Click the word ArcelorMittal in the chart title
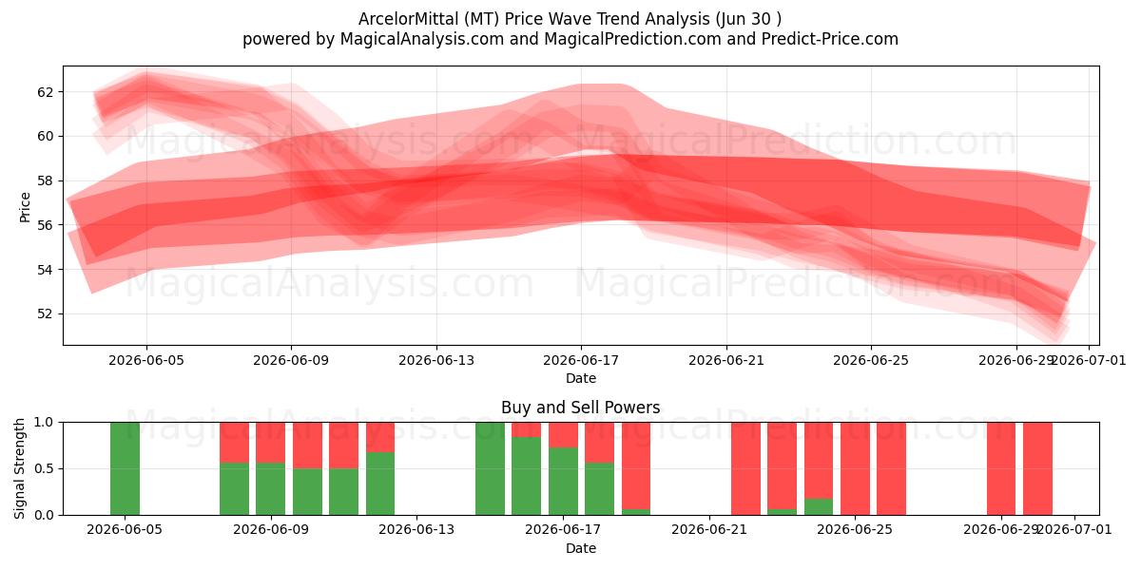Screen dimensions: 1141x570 (x=408, y=19)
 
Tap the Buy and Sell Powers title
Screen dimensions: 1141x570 (x=581, y=408)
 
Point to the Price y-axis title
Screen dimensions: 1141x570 (x=25, y=207)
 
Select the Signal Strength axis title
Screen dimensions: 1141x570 (x=19, y=468)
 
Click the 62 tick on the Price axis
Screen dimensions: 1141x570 (x=46, y=92)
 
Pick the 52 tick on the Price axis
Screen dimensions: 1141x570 (x=46, y=313)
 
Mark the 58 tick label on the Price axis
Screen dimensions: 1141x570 (x=46, y=180)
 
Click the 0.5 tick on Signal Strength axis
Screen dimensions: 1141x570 (x=44, y=468)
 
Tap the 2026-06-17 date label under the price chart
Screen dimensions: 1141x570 (x=581, y=360)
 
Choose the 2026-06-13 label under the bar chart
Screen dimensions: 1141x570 (x=416, y=529)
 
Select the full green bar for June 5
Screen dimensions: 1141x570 (x=125, y=468)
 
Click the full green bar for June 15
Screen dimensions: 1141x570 (x=490, y=468)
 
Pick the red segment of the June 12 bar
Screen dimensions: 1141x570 (x=380, y=437)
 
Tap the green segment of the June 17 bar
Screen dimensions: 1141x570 (x=563, y=481)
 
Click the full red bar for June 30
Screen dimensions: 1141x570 (x=1037, y=468)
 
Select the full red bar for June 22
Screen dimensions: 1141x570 (x=745, y=468)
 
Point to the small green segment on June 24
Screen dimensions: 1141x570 (x=819, y=507)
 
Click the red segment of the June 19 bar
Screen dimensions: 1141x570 (x=636, y=465)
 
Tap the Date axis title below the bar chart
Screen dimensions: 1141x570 (x=581, y=548)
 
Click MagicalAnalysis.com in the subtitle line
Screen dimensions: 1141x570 (x=422, y=39)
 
